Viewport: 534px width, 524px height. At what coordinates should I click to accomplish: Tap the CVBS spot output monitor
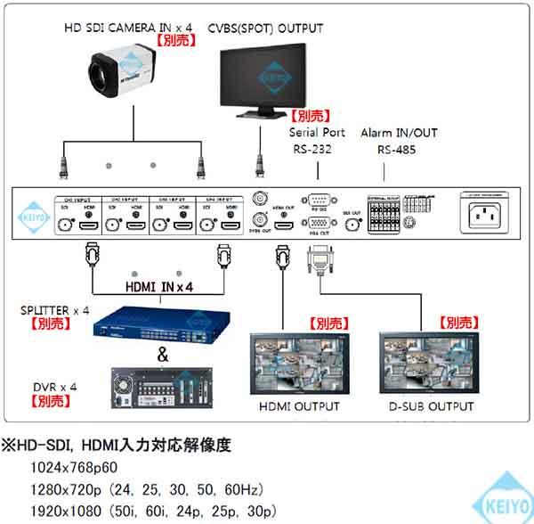[x=264, y=78]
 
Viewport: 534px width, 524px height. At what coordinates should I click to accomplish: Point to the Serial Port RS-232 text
[x=311, y=141]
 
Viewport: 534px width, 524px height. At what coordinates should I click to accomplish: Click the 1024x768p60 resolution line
[x=74, y=468]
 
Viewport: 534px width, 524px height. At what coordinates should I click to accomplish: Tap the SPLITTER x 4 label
[x=53, y=310]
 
